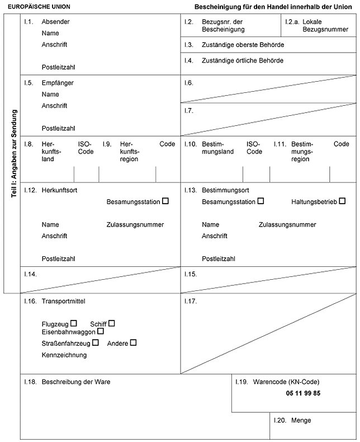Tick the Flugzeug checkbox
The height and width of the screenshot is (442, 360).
tap(73, 323)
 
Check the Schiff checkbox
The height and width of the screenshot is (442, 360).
tap(112, 323)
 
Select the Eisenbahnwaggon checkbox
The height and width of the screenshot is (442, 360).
tap(101, 331)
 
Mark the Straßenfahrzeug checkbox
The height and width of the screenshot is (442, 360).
tap(96, 342)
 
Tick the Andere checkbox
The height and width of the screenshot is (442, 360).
tap(133, 342)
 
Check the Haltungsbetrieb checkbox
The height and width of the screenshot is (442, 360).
tap(342, 200)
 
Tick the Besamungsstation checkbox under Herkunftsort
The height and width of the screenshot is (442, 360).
tap(165, 200)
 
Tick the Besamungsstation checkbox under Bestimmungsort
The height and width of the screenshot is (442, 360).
tap(260, 200)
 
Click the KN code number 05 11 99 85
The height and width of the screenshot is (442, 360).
tap(303, 393)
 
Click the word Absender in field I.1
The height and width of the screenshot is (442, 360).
tap(56, 22)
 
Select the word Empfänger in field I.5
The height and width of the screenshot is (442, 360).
tap(58, 83)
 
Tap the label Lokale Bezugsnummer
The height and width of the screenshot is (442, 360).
tap(321, 25)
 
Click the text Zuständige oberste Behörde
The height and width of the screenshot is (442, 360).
tap(243, 44)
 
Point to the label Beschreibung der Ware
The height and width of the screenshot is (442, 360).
tap(75, 382)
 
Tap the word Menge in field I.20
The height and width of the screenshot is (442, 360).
tap(301, 420)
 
